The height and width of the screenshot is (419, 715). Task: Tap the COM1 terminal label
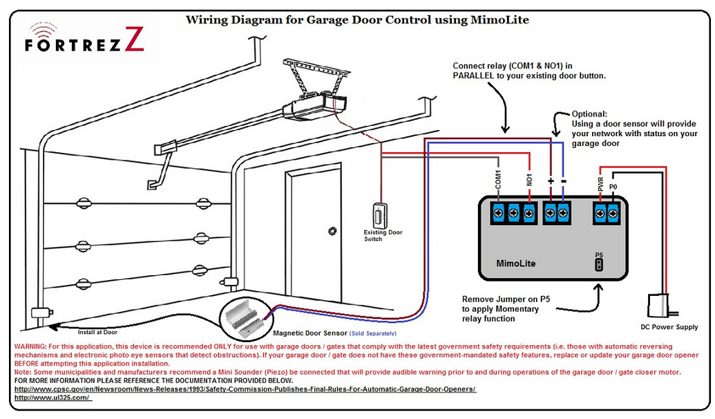pos(498,180)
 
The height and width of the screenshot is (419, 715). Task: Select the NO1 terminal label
pos(529,182)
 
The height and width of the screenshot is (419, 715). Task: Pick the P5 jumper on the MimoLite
pos(598,263)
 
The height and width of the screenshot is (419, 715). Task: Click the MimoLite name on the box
pos(516,263)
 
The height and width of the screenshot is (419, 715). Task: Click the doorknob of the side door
pos(332,230)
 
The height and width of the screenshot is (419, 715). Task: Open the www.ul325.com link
pos(53,398)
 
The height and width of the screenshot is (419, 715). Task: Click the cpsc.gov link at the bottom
pos(245,389)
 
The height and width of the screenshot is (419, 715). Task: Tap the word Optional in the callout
pos(589,114)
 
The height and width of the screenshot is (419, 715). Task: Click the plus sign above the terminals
pos(551,181)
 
